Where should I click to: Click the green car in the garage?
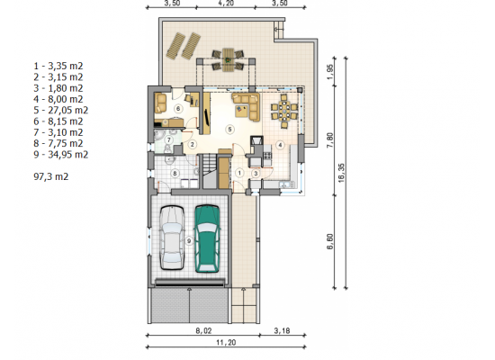(x=207, y=238)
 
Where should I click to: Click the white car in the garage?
(x=172, y=238)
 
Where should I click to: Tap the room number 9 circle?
(x=189, y=241)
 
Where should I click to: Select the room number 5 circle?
(x=229, y=130)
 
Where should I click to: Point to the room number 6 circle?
(x=178, y=109)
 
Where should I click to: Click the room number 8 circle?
(x=175, y=173)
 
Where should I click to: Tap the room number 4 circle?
(x=280, y=145)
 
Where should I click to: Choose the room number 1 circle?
(x=239, y=173)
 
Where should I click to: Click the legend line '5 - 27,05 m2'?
(x=60, y=110)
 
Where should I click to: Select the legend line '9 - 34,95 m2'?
(x=60, y=155)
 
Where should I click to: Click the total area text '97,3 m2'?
(x=50, y=176)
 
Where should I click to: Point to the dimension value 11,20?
(x=226, y=342)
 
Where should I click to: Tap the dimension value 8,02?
(x=203, y=330)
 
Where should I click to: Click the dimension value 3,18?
(x=282, y=330)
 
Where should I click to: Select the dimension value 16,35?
(x=341, y=173)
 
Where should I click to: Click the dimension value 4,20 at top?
(x=226, y=4)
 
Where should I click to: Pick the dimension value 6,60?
(x=330, y=241)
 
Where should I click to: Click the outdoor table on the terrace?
(x=228, y=59)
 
